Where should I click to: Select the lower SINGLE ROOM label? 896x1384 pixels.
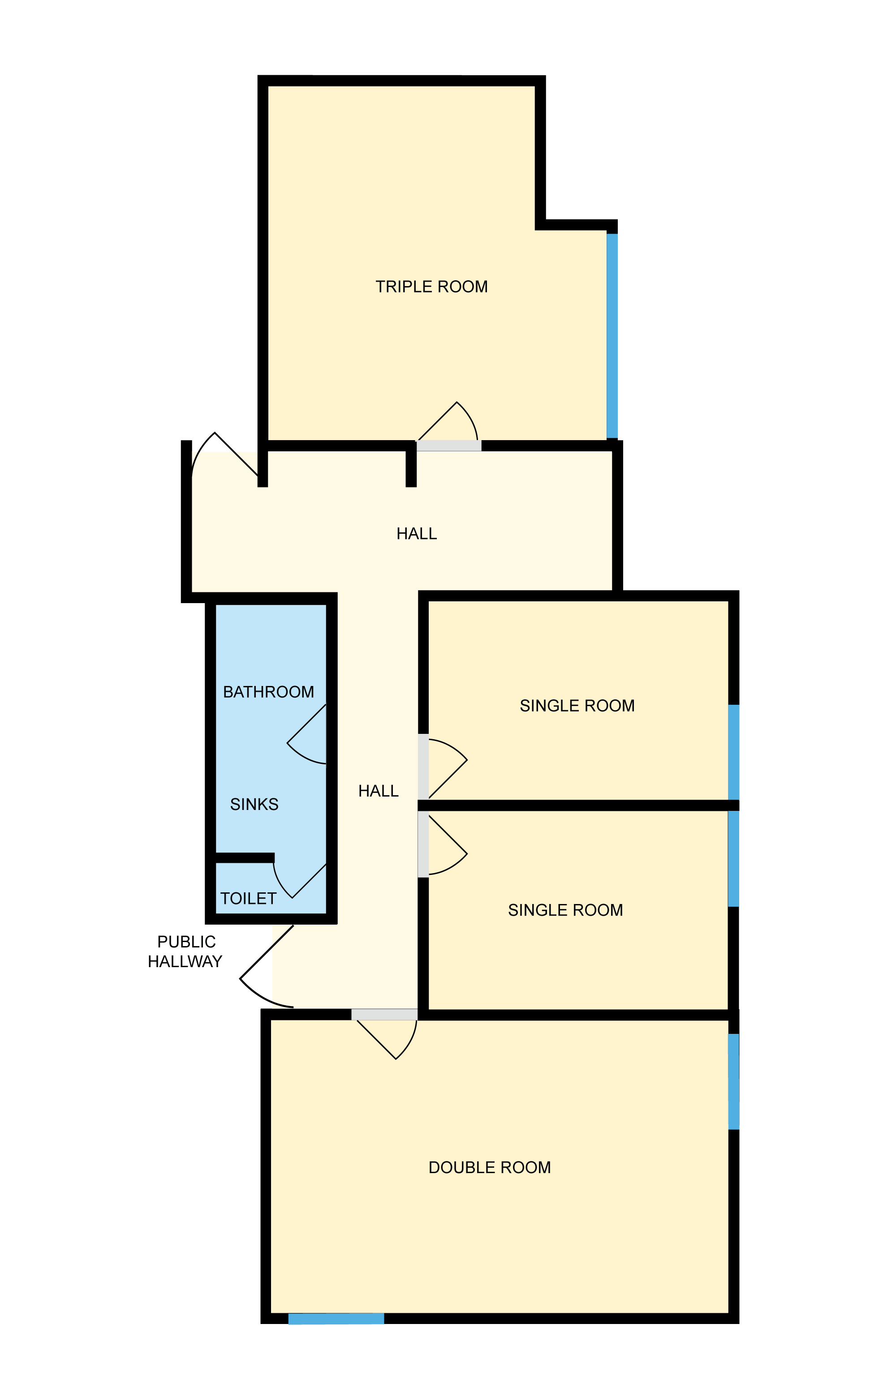565,910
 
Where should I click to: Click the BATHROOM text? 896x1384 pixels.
268,692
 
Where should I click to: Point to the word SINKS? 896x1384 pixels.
254,804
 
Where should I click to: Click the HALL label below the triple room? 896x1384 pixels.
417,534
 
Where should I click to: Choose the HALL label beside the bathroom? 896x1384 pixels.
378,791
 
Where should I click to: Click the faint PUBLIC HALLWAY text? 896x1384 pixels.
185,952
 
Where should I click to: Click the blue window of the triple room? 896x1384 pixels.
612,335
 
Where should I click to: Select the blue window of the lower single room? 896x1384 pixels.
734,859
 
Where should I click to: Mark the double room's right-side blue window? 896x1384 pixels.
734,1082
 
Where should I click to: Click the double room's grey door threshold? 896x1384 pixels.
384,1015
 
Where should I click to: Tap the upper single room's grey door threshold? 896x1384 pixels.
423,767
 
